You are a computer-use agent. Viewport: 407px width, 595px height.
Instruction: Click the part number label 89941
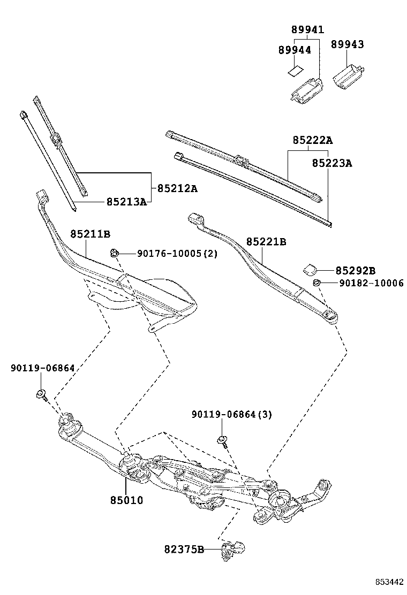click(307, 30)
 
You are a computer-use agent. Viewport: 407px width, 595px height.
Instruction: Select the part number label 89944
click(294, 50)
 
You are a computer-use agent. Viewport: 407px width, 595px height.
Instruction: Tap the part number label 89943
click(346, 44)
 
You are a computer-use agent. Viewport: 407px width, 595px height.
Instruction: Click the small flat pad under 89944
click(295, 70)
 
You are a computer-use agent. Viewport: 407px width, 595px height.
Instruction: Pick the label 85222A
click(312, 140)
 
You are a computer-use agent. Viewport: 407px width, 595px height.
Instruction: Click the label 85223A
click(332, 163)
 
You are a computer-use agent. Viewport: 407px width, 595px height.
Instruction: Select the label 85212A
click(177, 188)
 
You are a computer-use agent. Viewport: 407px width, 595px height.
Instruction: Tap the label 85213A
click(126, 202)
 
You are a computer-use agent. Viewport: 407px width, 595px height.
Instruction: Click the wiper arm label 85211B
click(90, 234)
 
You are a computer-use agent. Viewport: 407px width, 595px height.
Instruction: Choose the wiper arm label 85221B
click(266, 242)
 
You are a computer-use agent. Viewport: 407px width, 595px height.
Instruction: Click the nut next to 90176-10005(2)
click(114, 253)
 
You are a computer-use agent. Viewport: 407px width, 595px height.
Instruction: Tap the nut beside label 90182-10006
click(316, 283)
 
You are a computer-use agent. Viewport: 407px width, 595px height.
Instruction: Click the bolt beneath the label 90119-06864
click(41, 395)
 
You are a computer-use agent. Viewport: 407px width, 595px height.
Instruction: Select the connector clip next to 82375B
click(233, 548)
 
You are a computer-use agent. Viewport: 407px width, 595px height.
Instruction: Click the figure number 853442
click(388, 582)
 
